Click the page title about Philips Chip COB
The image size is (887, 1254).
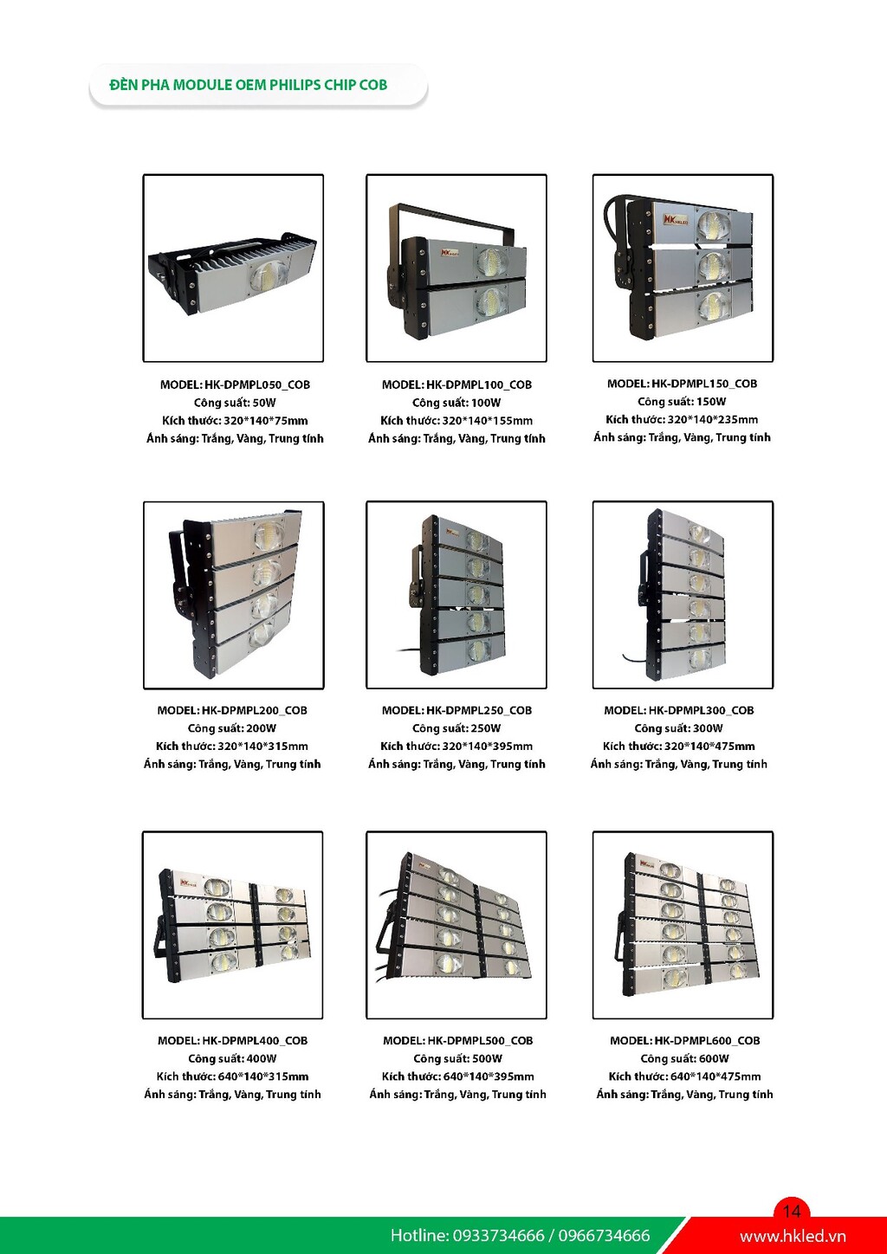pos(248,85)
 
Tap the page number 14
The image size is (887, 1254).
pos(791,1211)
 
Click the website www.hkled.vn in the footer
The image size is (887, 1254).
pos(793,1236)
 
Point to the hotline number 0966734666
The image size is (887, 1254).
pos(605,1236)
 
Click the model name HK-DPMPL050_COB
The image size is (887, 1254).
pos(257,385)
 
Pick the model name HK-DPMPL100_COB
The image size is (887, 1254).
pos(479,385)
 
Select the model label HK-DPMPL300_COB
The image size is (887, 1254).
pos(701,710)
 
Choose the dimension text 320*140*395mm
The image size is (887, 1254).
pos(487,747)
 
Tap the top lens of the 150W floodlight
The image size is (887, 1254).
pos(714,223)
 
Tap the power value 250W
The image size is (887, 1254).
pos(485,728)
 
